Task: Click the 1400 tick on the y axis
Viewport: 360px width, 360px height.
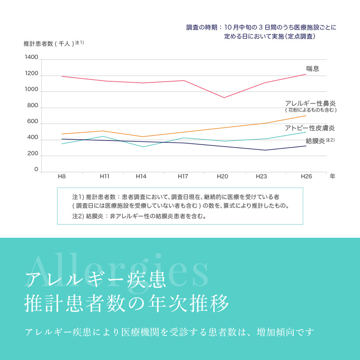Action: pyautogui.click(x=31, y=57)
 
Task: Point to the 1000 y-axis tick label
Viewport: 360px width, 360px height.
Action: pyautogui.click(x=31, y=90)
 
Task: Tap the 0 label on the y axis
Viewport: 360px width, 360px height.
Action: pyautogui.click(x=36, y=170)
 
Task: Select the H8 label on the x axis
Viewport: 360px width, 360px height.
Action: pyautogui.click(x=62, y=176)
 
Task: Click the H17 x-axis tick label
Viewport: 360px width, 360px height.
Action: pyautogui.click(x=183, y=176)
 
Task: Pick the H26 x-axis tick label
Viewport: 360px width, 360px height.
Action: pyautogui.click(x=306, y=176)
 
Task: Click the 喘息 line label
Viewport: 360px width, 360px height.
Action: pyautogui.click(x=312, y=68)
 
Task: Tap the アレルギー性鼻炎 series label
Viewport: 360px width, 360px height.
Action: pyautogui.click(x=310, y=103)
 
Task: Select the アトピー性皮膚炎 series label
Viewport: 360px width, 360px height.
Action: pyautogui.click(x=310, y=128)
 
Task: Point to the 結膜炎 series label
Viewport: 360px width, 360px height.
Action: pyautogui.click(x=315, y=140)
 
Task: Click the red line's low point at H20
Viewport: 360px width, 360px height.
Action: pyautogui.click(x=224, y=98)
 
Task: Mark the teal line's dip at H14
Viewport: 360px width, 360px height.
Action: pyautogui.click(x=143, y=147)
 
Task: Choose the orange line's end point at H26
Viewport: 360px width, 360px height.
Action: pyautogui.click(x=306, y=116)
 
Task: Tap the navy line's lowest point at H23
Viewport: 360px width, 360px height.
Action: pyautogui.click(x=265, y=150)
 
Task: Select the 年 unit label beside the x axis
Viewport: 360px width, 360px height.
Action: pyautogui.click(x=332, y=176)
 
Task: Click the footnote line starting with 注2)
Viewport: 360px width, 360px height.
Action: pyautogui.click(x=139, y=216)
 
